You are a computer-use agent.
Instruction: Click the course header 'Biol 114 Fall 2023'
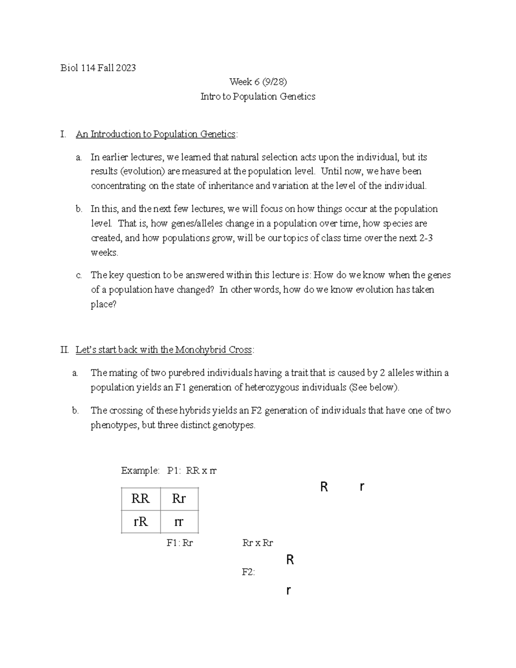click(x=98, y=68)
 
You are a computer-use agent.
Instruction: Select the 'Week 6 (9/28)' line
click(x=258, y=82)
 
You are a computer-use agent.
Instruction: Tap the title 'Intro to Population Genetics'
click(x=258, y=96)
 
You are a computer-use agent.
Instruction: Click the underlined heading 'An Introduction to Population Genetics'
click(x=156, y=134)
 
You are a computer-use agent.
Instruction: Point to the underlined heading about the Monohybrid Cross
click(x=164, y=350)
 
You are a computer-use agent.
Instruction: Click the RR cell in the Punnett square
click(x=141, y=499)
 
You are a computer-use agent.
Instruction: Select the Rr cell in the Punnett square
click(x=178, y=499)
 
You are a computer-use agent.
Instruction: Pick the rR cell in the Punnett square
click(x=141, y=522)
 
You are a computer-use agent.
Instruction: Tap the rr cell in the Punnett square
click(x=178, y=522)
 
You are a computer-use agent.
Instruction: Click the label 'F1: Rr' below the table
click(x=180, y=543)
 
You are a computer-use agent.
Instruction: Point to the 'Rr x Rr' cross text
click(x=258, y=543)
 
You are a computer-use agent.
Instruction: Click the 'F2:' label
click(x=249, y=572)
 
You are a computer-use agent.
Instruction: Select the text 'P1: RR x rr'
click(x=192, y=471)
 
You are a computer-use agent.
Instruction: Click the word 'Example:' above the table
click(x=141, y=471)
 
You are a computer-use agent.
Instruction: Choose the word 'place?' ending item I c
click(x=104, y=304)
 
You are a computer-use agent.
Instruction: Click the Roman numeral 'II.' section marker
click(x=65, y=350)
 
